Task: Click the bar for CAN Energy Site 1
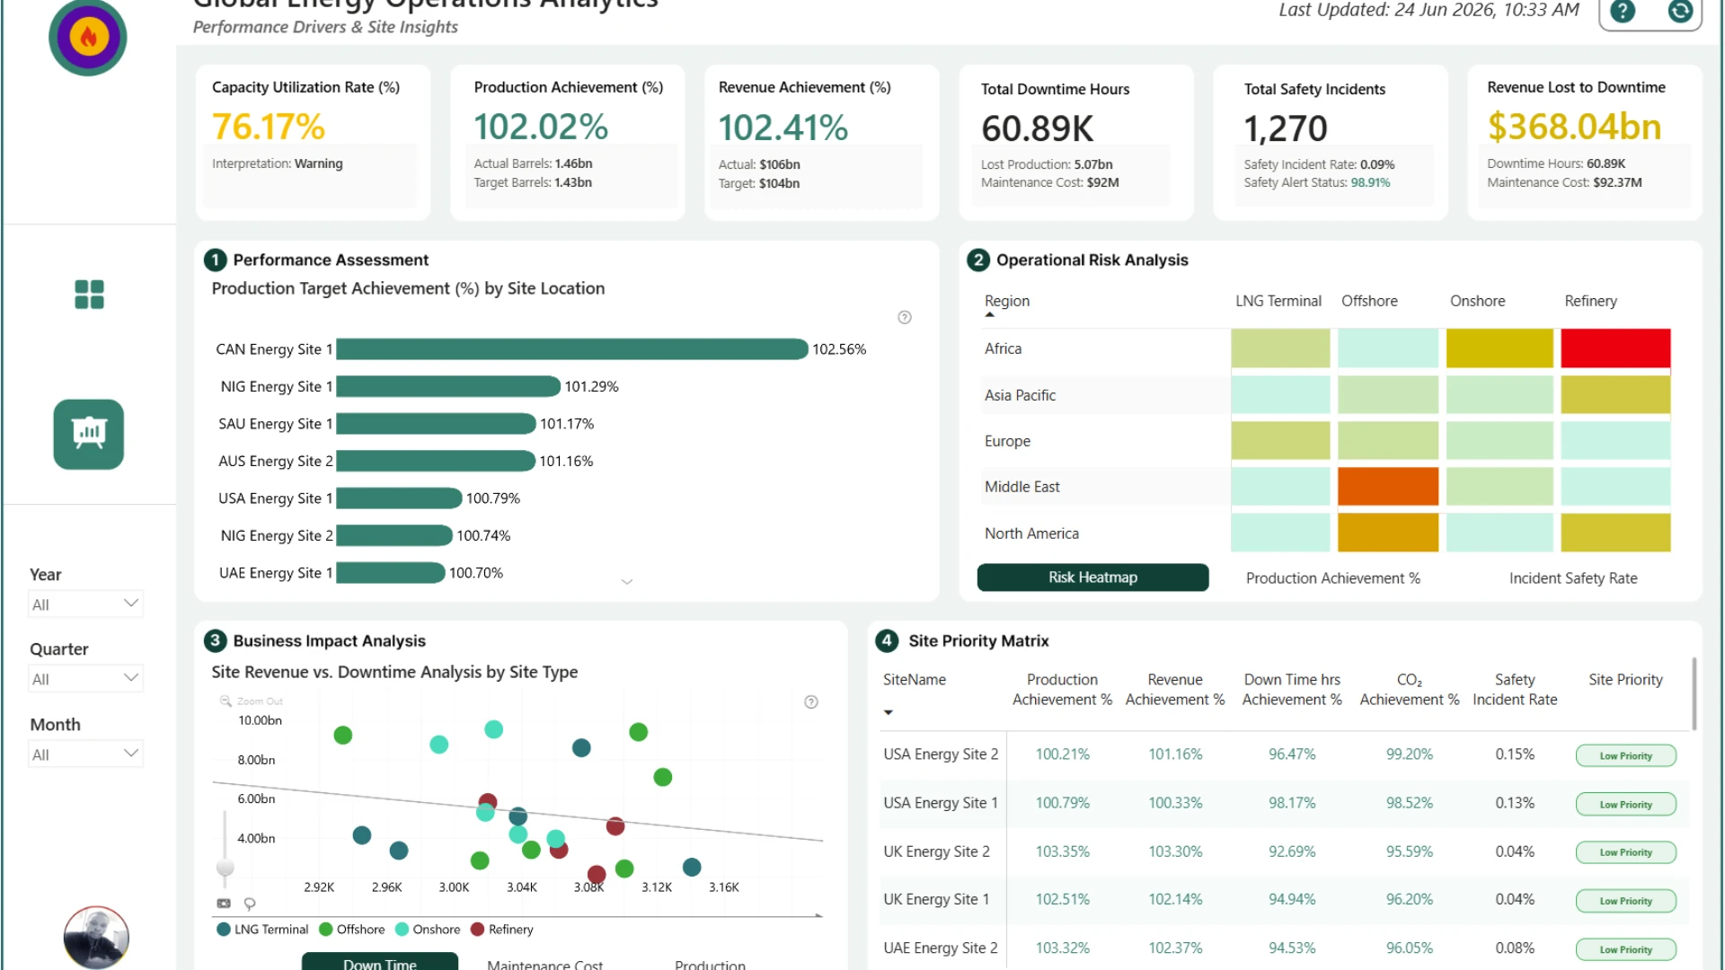click(572, 349)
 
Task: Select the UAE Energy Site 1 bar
click(391, 573)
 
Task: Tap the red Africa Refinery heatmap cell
click(1615, 348)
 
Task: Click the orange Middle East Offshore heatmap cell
click(1388, 487)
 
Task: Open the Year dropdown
click(85, 604)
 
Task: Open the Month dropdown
click(85, 754)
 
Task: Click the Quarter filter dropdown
click(85, 679)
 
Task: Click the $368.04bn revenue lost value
click(1574, 127)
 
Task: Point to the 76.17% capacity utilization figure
click(269, 127)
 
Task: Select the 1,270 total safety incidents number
click(1286, 128)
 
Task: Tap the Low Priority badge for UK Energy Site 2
click(1626, 852)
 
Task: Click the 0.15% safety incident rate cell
click(1515, 754)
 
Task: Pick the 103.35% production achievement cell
click(1062, 851)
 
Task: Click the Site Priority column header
click(1625, 680)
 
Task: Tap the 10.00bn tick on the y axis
click(260, 720)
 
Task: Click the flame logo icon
click(88, 37)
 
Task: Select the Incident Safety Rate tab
click(1573, 578)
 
